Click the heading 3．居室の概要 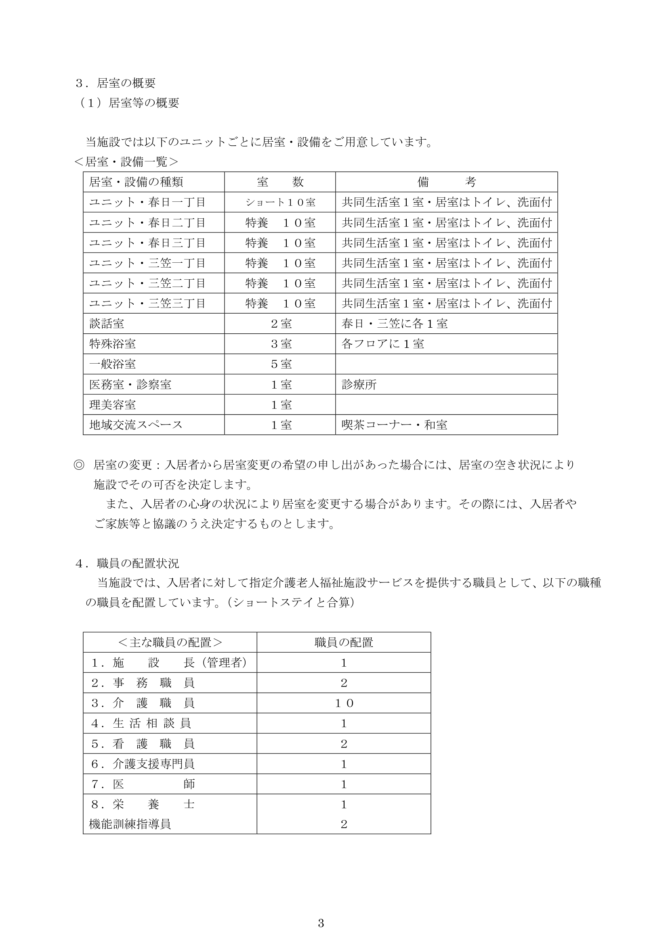[116, 83]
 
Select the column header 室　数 [280, 182]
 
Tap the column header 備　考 [446, 182]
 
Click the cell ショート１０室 [280, 202]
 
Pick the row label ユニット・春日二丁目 [147, 222]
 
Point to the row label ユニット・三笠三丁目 [147, 304]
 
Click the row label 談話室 [107, 324]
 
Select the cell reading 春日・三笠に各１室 [395, 324]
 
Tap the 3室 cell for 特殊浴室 [281, 344]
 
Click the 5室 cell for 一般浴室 [281, 364]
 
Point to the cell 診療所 [359, 385]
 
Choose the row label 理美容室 [112, 404]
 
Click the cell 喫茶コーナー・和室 [394, 425]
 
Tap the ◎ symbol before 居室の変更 [79, 465]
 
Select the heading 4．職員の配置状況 [127, 563]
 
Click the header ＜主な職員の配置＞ [170, 642]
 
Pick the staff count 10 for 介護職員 [344, 703]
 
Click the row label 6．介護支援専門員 [143, 764]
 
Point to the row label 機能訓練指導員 [130, 824]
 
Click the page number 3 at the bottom [321, 923]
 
